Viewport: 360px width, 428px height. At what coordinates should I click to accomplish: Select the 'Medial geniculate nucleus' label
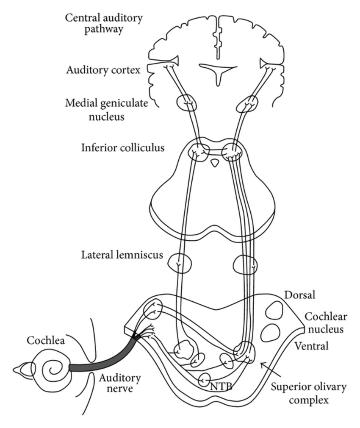pos(106,110)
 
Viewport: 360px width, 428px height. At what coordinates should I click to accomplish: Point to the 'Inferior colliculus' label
pos(123,148)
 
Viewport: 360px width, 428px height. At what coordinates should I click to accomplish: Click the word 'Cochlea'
pos(45,341)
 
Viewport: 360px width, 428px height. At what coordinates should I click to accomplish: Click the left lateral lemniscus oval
pos(179,263)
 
